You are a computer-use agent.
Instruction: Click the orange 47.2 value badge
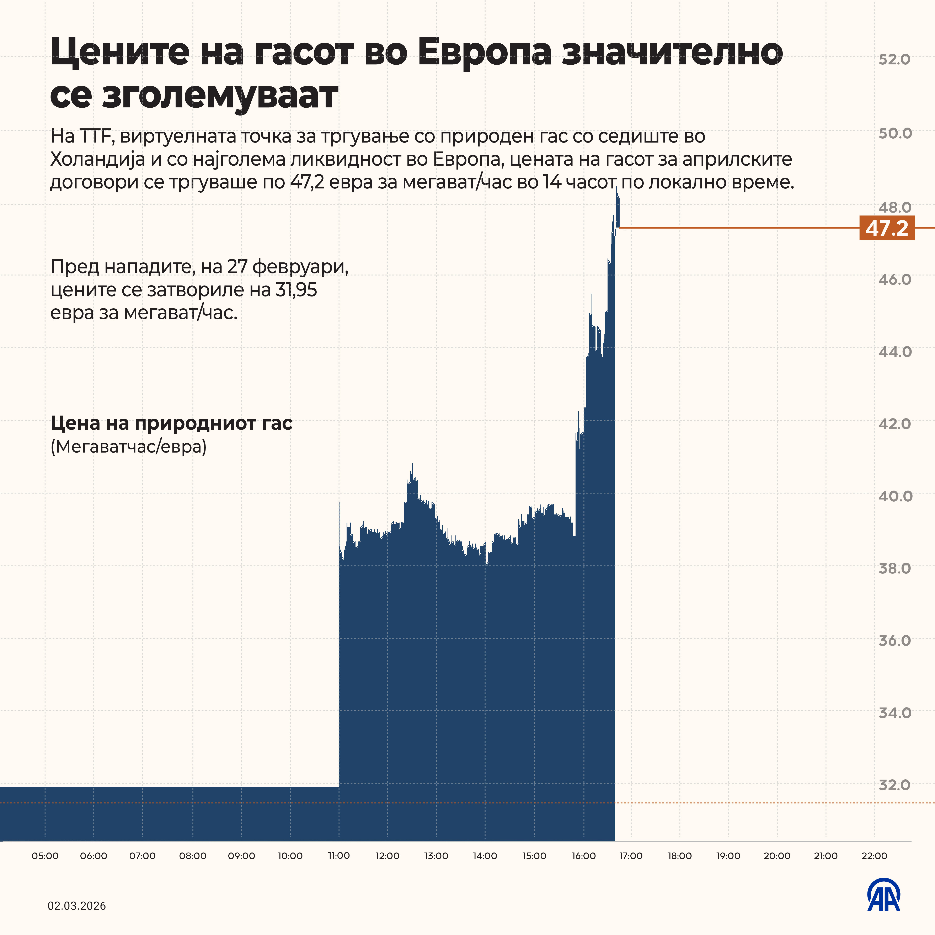point(887,228)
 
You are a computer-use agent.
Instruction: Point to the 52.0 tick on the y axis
point(894,59)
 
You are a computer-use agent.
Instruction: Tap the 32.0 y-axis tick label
point(894,785)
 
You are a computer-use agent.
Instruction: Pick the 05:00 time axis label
point(45,856)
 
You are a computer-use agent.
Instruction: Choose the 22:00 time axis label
point(874,856)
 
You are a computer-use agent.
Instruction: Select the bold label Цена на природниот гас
point(171,423)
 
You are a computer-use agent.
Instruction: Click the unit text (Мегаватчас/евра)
point(128,446)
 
